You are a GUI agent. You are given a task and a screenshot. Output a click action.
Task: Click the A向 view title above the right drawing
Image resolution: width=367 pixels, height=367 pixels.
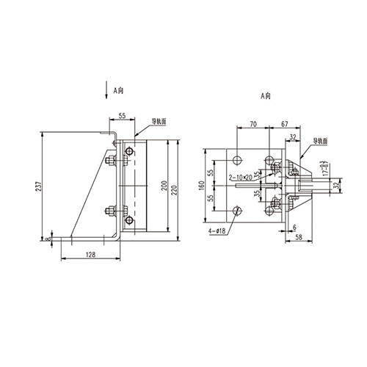[266, 96]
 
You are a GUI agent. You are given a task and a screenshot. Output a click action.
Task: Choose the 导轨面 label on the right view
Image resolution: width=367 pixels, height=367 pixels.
[321, 139]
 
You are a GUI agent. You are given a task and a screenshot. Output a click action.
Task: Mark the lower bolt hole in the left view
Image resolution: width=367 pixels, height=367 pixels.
[129, 219]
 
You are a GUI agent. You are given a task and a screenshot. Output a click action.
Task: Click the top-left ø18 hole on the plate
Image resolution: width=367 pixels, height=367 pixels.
[238, 157]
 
